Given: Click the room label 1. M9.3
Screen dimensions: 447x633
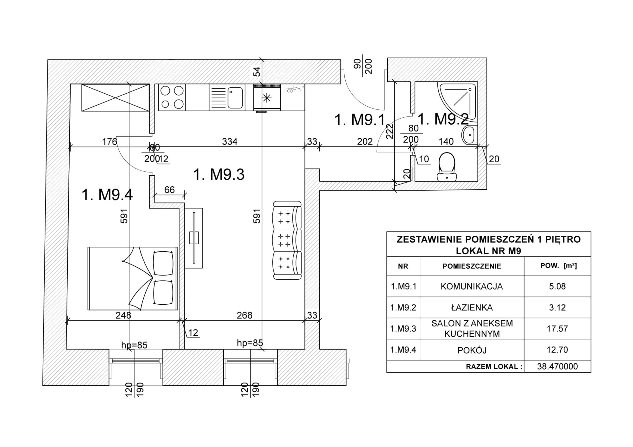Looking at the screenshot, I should point(219,175).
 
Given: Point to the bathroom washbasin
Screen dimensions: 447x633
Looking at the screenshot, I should point(469,135).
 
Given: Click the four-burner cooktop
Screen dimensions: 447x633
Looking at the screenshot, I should point(172,97).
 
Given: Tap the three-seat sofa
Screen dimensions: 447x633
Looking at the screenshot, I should point(287,240).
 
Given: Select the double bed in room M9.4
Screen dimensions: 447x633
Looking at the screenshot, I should point(133,278).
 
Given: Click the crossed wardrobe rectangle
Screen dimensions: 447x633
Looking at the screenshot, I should point(115,97).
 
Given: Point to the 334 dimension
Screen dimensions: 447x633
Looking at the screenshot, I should point(229,141).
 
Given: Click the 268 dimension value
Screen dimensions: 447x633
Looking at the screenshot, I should point(245,315).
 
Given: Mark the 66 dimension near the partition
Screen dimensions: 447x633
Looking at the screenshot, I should point(169,189).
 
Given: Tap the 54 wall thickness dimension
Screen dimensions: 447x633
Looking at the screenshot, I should point(257,71).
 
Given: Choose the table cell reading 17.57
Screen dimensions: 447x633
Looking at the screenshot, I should point(557,328).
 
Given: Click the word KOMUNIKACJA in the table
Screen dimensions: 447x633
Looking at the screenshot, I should point(472,286).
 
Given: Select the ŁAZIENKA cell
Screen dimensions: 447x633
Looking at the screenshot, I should point(472,307).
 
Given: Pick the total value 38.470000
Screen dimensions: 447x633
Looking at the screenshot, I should point(557,366).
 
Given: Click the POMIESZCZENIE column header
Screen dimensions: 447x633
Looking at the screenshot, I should point(472,266).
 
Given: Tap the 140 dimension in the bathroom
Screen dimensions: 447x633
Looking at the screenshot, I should point(446,141).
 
